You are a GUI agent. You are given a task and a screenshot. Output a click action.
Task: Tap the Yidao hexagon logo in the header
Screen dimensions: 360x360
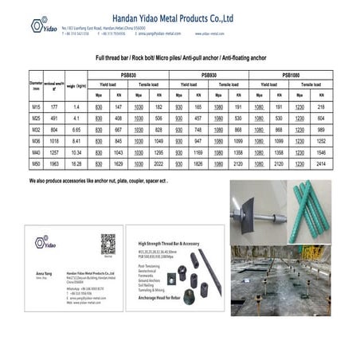click(x=39, y=26)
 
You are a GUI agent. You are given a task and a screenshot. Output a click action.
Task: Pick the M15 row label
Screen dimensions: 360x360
click(x=36, y=106)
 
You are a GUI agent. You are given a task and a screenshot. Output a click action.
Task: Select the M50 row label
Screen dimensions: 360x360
click(x=36, y=162)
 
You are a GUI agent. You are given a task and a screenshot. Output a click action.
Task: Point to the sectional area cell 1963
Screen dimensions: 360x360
click(x=55, y=162)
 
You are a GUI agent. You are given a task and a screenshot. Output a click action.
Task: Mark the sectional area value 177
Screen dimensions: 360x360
click(x=55, y=106)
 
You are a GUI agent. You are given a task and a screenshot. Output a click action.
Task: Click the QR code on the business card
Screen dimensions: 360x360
click(x=108, y=245)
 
